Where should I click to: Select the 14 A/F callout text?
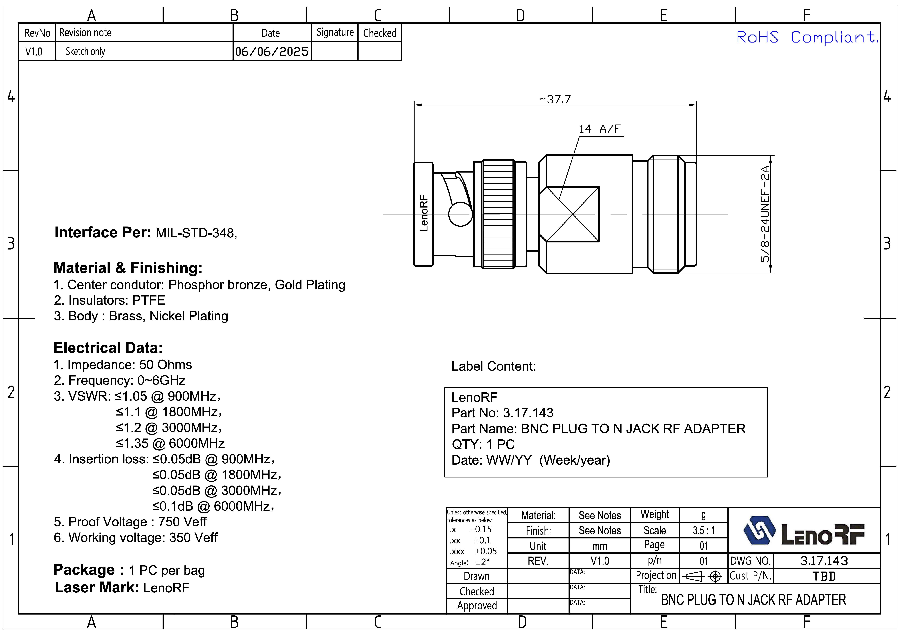coord(600,129)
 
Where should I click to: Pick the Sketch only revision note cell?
coord(85,51)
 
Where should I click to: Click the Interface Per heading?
coord(103,233)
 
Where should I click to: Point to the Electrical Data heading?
coord(108,348)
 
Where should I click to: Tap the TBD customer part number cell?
coord(824,576)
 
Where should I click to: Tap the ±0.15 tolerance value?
coord(480,529)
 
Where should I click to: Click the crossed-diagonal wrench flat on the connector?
coord(572,214)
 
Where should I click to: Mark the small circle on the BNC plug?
coord(460,214)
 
